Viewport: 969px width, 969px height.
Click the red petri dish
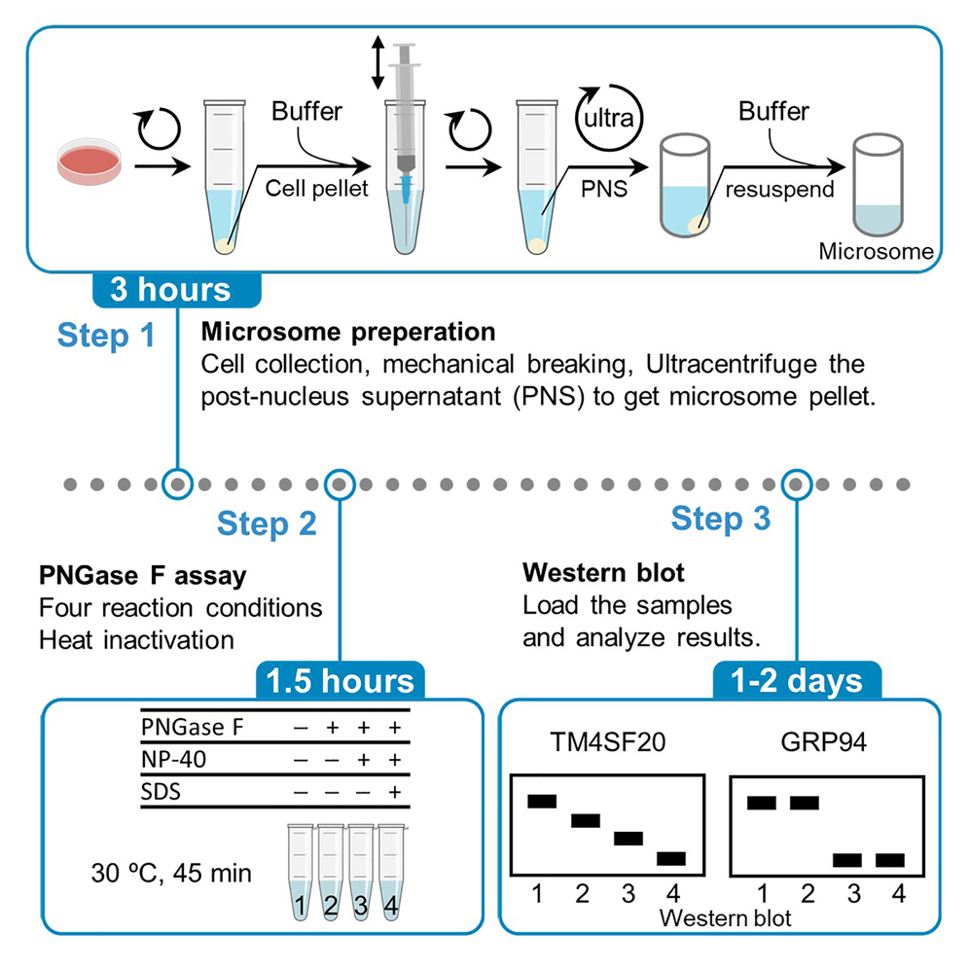point(90,162)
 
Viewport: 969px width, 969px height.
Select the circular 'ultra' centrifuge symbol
point(609,121)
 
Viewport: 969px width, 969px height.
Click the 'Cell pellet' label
point(317,189)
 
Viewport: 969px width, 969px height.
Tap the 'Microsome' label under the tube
point(876,252)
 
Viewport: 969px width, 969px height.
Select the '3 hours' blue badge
point(176,289)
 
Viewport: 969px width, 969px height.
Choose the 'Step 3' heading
point(720,519)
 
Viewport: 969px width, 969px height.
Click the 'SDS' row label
point(161,792)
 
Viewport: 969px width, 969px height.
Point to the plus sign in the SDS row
point(393,792)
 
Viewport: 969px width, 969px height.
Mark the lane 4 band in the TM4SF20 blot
point(670,858)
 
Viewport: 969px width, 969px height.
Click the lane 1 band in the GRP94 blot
point(762,803)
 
